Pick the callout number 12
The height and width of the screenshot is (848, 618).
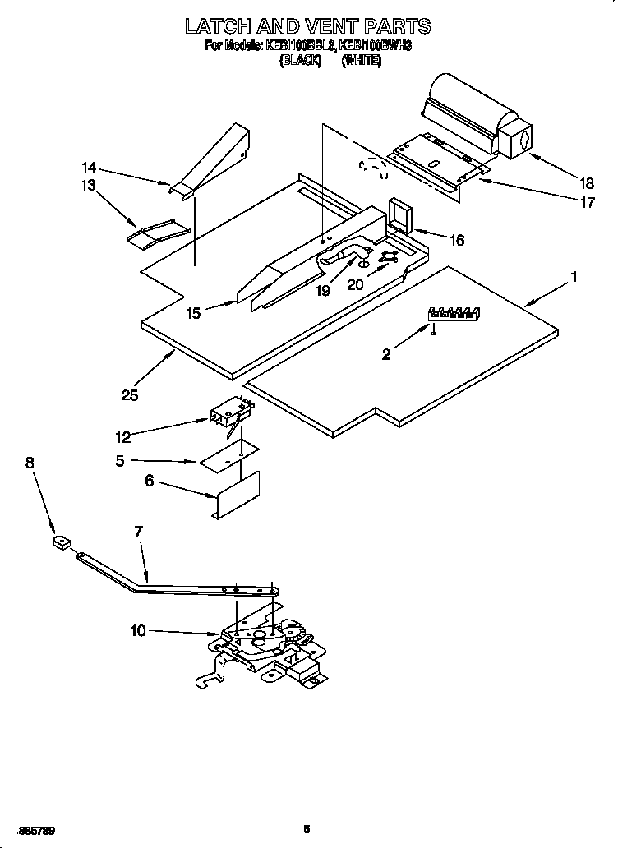point(123,437)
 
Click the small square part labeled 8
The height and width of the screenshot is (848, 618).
point(61,542)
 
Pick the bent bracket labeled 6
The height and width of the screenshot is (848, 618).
point(237,496)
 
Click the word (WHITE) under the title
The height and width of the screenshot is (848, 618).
point(362,60)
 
